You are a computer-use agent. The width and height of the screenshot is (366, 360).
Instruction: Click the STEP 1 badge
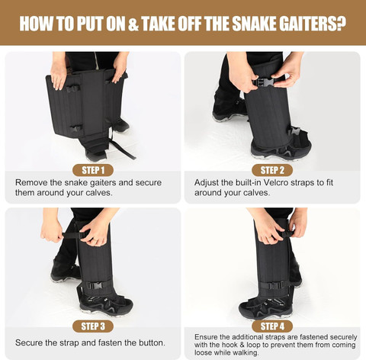point(93,170)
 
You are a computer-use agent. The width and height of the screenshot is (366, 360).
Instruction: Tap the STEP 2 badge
point(272,170)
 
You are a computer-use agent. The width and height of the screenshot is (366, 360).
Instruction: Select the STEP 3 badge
point(93,326)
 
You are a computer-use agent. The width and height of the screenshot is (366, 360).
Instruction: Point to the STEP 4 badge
point(272,326)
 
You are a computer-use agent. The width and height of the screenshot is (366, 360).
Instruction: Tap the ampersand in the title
point(133,24)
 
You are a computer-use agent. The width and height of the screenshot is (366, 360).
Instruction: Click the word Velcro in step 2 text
point(276,182)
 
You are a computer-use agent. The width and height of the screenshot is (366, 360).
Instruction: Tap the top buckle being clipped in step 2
point(265,82)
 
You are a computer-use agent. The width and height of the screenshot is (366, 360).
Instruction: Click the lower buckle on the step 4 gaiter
point(274,285)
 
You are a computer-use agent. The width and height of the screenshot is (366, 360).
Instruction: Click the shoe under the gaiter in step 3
point(107,305)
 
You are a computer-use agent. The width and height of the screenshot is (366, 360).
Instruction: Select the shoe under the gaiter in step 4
point(265,306)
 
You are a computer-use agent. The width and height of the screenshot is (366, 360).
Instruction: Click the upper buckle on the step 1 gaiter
point(73,89)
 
